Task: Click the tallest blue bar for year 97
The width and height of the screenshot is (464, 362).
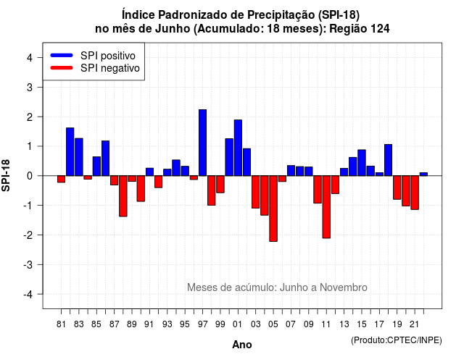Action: pyautogui.click(x=202, y=143)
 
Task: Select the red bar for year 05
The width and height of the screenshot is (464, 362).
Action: pyautogui.click(x=273, y=209)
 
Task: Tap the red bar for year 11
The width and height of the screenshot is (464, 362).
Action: pyautogui.click(x=326, y=207)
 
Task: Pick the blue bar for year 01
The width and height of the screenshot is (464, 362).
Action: pyautogui.click(x=238, y=148)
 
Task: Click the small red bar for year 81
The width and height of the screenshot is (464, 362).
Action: pyautogui.click(x=61, y=179)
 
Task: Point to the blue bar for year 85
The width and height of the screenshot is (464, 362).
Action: pyautogui.click(x=96, y=166)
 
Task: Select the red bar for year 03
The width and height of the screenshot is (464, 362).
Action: pyautogui.click(x=255, y=192)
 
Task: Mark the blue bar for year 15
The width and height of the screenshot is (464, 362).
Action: pyautogui.click(x=361, y=163)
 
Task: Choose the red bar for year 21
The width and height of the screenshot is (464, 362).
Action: pyautogui.click(x=415, y=193)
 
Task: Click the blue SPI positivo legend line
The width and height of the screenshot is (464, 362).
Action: pyautogui.click(x=62, y=55)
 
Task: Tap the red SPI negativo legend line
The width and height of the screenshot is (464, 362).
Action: pyautogui.click(x=62, y=67)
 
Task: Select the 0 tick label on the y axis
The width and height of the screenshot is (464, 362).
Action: pyautogui.click(x=30, y=176)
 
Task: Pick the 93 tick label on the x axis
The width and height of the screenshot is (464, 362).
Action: pyautogui.click(x=167, y=324)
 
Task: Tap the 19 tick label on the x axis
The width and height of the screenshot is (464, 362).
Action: pyautogui.click(x=397, y=324)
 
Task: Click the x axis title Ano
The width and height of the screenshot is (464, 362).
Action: pyautogui.click(x=242, y=345)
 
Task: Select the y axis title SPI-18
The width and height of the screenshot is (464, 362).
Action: pyautogui.click(x=6, y=175)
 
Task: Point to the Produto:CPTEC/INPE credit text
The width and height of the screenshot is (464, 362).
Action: pyautogui.click(x=397, y=340)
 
